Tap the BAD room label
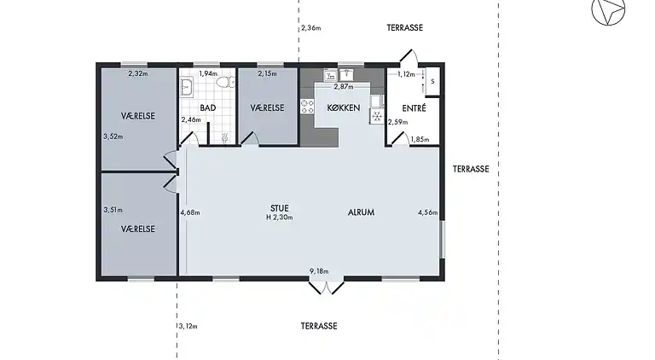(x=207, y=108)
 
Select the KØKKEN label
(x=344, y=107)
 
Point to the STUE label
(x=279, y=206)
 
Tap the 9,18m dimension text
(x=319, y=272)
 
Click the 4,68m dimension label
(x=189, y=212)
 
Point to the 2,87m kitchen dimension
(x=343, y=87)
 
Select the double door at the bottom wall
(x=325, y=286)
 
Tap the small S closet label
(x=432, y=82)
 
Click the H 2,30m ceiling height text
(x=279, y=218)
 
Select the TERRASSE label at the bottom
(x=319, y=326)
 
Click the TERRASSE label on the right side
(x=470, y=169)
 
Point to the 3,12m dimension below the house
(x=188, y=326)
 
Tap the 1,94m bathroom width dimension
(x=208, y=74)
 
